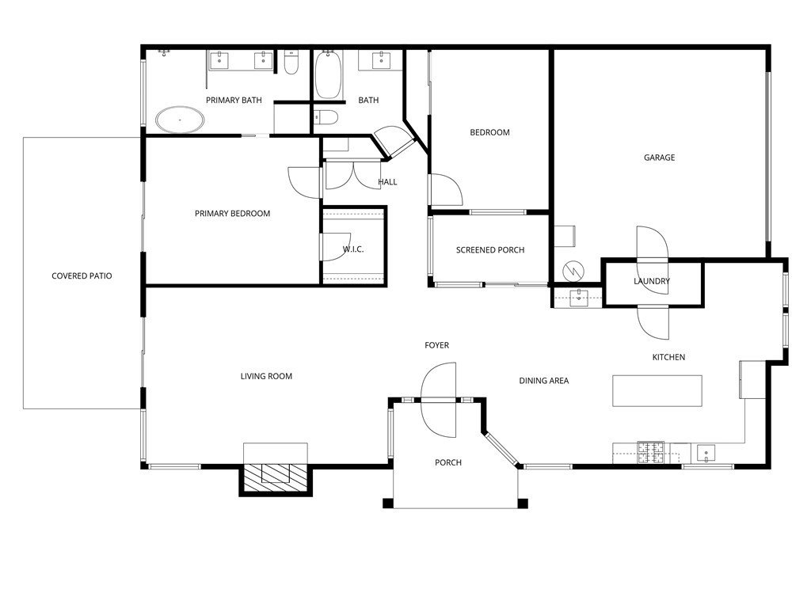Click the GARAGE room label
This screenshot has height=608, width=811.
(659, 158)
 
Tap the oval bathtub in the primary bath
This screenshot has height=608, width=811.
(180, 120)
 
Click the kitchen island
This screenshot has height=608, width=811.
(657, 390)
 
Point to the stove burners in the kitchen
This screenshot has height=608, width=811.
(651, 452)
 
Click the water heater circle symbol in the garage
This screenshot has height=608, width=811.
(572, 271)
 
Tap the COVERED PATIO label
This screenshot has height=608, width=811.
(82, 276)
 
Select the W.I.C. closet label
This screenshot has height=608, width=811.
(353, 249)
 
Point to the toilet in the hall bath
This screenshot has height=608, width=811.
(326, 119)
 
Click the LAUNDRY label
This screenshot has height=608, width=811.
(652, 281)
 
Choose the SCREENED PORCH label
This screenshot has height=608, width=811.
(490, 250)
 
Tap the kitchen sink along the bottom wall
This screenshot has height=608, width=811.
(705, 454)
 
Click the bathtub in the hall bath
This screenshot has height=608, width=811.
(328, 76)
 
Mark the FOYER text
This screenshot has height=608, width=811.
(436, 345)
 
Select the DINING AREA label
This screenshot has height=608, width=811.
(544, 381)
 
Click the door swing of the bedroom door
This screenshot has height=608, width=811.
(447, 192)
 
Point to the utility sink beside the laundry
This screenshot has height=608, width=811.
(578, 298)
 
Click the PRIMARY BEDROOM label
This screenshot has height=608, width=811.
(232, 214)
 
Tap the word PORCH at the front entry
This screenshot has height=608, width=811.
(448, 462)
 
